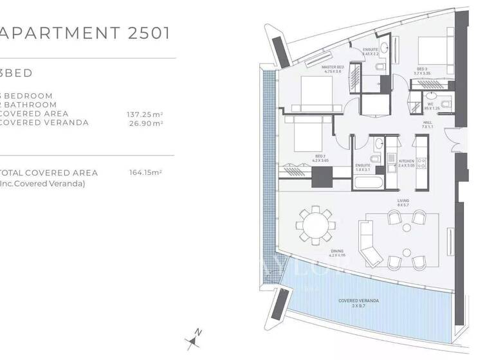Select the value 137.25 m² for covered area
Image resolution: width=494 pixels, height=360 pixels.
pos(144,114)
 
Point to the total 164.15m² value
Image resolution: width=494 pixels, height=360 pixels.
pos(145,172)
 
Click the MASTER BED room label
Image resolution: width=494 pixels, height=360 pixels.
pos(333,69)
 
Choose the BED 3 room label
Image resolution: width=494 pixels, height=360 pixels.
pos(422,71)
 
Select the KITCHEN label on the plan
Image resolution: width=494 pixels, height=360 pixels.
pos(407,163)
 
